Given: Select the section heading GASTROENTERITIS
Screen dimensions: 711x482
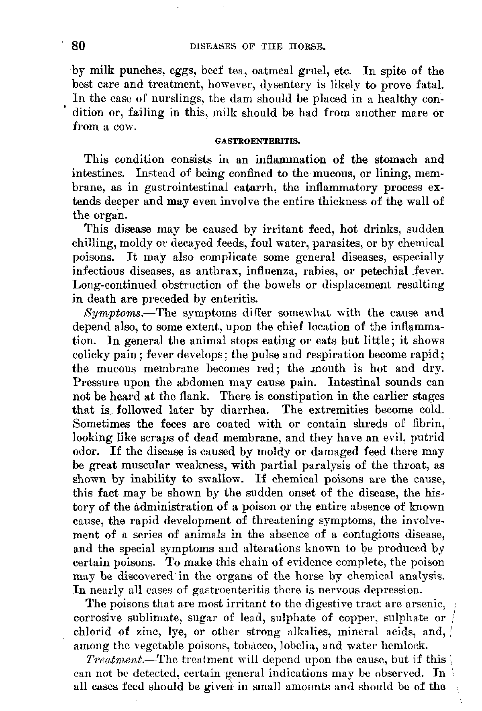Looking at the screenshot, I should pyautogui.click(x=258, y=141).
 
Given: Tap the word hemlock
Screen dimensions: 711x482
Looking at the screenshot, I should pyautogui.click(x=402, y=646).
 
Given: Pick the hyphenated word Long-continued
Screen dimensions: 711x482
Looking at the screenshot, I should pyautogui.click(x=114, y=285).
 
